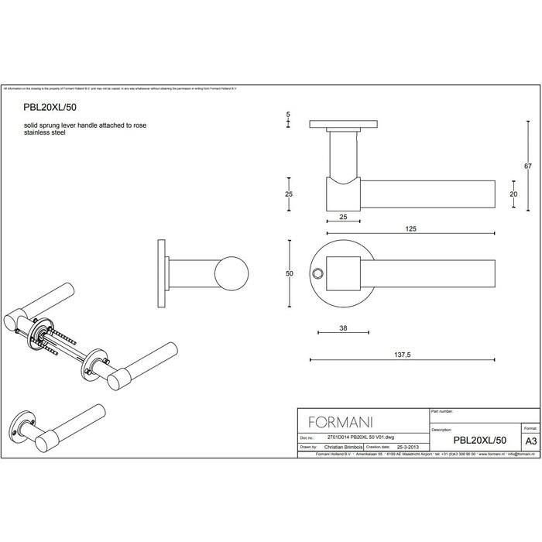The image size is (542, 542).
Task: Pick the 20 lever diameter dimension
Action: (x=513, y=194)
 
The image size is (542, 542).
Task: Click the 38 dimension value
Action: (x=342, y=328)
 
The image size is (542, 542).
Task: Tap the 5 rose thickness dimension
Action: (x=288, y=114)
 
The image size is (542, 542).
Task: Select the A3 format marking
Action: (x=530, y=439)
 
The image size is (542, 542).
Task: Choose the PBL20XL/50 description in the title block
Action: (x=479, y=439)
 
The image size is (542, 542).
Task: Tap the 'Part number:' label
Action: (x=442, y=412)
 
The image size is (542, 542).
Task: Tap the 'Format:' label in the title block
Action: (x=530, y=427)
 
